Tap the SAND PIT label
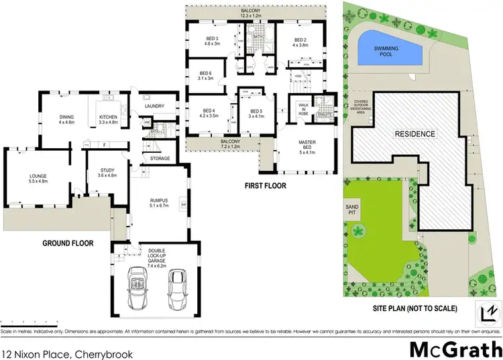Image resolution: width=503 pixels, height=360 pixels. coord(352,210)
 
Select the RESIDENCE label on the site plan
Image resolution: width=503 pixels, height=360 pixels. coord(414,134)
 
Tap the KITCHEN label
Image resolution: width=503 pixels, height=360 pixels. coord(108,119)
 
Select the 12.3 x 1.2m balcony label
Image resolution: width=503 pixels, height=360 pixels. coord(256,15)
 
